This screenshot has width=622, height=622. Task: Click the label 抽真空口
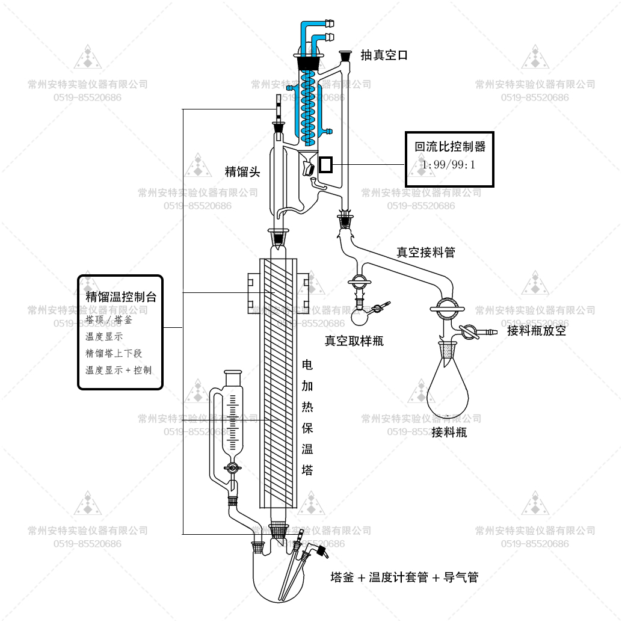384,55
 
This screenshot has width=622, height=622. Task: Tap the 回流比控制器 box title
449,146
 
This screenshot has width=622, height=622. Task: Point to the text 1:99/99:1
449,164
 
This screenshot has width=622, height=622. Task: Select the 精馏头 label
242,172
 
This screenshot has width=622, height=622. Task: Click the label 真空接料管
425,253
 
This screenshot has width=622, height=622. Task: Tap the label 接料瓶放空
536,330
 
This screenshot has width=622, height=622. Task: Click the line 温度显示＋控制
119,370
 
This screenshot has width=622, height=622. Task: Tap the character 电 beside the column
307,365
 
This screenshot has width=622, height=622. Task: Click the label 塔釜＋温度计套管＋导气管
404,577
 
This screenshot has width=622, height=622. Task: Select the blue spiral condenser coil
309,102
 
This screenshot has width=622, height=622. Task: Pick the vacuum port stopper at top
345,56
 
